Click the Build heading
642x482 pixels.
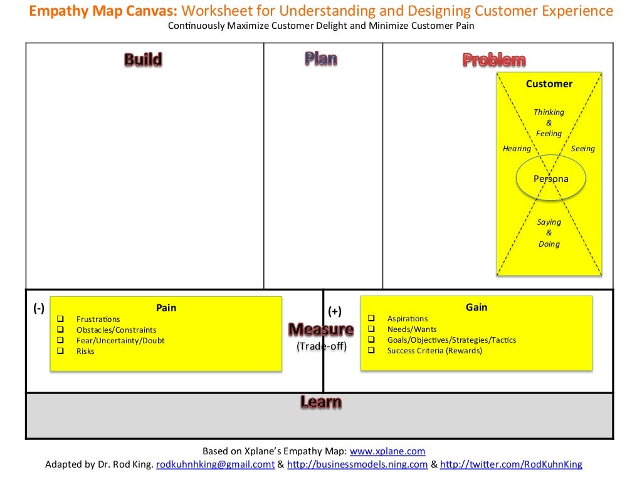click(x=143, y=60)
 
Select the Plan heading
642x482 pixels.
click(x=321, y=59)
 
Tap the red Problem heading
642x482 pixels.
click(x=494, y=60)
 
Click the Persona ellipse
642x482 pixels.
click(x=550, y=179)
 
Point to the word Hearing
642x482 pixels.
click(x=517, y=149)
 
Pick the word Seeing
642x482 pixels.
click(x=582, y=149)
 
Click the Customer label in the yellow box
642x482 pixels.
click(x=549, y=84)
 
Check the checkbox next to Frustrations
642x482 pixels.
click(x=60, y=319)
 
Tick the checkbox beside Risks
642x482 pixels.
click(x=60, y=351)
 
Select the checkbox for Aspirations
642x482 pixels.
click(x=371, y=319)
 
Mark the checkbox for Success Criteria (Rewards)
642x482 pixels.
click(x=371, y=350)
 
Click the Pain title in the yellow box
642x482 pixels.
click(x=166, y=308)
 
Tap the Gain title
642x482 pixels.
click(x=476, y=307)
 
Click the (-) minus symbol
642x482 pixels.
click(x=39, y=308)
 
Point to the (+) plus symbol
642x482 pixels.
click(x=335, y=311)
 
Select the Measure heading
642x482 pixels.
click(x=321, y=329)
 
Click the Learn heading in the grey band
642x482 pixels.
click(x=320, y=402)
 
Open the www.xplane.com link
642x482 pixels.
click(x=387, y=451)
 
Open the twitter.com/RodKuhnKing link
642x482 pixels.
click(x=511, y=464)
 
